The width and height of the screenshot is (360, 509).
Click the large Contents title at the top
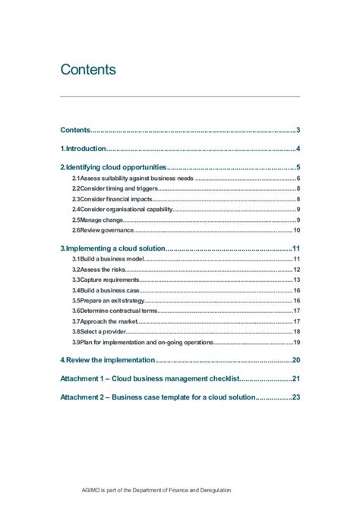coord(88,70)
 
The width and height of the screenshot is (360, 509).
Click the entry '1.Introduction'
coord(84,148)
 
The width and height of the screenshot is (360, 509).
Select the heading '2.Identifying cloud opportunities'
coord(112,167)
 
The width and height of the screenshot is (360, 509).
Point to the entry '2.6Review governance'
coord(103,230)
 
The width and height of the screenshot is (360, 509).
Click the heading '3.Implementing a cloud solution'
coord(112,248)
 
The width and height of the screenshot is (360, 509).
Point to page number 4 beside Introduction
coord(299,148)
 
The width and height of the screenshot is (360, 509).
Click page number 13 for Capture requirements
coord(297,280)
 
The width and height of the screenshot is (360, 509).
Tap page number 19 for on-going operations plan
coord(297,342)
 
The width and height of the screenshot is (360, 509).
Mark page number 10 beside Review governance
coord(297,230)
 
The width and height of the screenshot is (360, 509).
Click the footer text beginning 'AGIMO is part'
coord(156,490)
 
